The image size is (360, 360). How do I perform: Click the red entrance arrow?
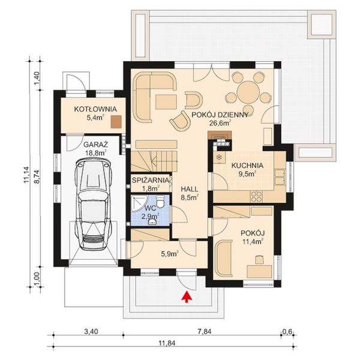[x=187, y=295]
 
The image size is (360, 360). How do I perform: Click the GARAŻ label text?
[x=95, y=145]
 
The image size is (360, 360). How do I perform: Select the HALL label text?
[x=190, y=187]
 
